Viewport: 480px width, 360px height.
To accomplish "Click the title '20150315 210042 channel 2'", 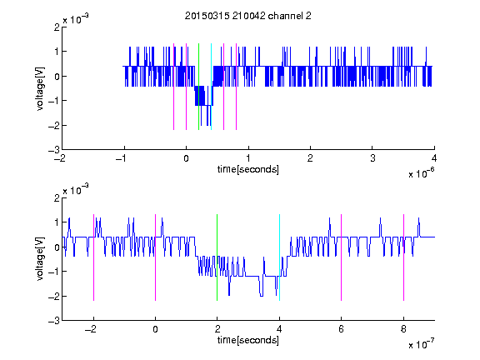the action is (x=248, y=16).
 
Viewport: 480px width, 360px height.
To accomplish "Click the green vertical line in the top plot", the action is (x=198, y=87).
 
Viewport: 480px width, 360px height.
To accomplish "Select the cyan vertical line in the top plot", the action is (x=211, y=87).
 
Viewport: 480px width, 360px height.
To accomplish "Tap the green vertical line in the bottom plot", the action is (x=217, y=257).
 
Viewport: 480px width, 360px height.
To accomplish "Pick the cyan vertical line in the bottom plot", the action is (x=279, y=257).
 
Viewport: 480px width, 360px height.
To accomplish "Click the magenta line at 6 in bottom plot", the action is (x=342, y=257).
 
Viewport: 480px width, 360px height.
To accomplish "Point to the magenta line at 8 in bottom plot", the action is (x=404, y=257).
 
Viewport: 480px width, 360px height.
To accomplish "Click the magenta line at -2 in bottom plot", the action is (x=93, y=257).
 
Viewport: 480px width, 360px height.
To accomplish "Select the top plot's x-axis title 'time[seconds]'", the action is (x=248, y=169).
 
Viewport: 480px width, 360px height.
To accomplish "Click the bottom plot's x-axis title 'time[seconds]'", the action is (x=248, y=340).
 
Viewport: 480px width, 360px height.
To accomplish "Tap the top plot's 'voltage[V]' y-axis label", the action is (x=40, y=88).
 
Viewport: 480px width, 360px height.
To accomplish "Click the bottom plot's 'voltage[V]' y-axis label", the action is (x=40, y=258).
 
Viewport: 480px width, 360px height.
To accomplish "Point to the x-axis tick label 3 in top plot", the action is (x=372, y=158).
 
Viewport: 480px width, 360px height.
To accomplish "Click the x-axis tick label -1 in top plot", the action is (x=122, y=158).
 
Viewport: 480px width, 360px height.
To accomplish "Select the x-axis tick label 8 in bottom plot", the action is (x=403, y=329).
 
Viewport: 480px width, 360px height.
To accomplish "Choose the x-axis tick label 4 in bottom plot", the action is (x=279, y=329).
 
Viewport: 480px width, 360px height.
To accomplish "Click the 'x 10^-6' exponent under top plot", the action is (x=422, y=173).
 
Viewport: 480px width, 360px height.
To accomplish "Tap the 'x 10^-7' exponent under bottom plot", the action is (x=422, y=344).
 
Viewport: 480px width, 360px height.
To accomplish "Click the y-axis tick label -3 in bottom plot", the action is (x=54, y=321).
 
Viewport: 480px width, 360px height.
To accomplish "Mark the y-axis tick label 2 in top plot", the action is (x=57, y=27).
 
